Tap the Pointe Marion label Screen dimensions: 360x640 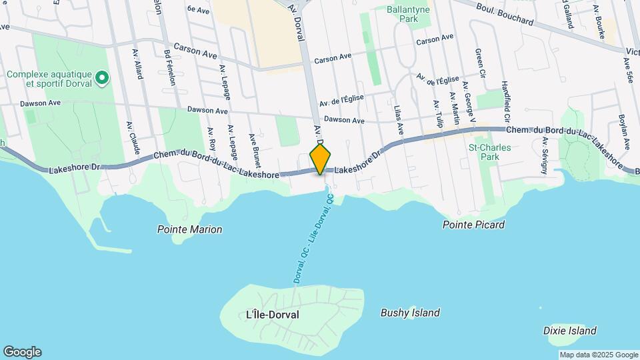189,229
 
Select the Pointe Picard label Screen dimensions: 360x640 473,225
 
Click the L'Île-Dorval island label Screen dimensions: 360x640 273,314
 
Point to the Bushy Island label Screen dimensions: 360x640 410,313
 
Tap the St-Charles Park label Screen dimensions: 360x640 484,151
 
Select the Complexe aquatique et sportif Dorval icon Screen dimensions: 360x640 101,79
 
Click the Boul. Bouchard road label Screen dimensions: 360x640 505,13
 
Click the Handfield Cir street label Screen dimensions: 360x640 505,97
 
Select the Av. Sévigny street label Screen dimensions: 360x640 545,155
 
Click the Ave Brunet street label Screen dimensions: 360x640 255,150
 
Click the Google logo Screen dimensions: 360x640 22,351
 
